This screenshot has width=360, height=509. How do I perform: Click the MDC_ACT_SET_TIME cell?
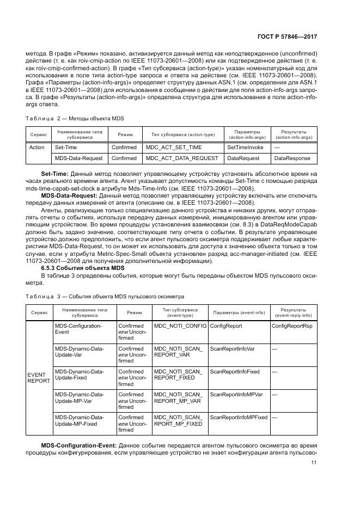point(173,147)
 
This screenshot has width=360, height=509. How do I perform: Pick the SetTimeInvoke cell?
point(245,147)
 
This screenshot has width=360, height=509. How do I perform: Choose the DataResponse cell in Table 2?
point(292,158)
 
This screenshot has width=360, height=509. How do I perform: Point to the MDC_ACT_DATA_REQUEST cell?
point(182,158)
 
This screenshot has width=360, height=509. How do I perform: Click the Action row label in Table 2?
point(36,147)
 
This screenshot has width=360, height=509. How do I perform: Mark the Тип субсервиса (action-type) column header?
point(179,134)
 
